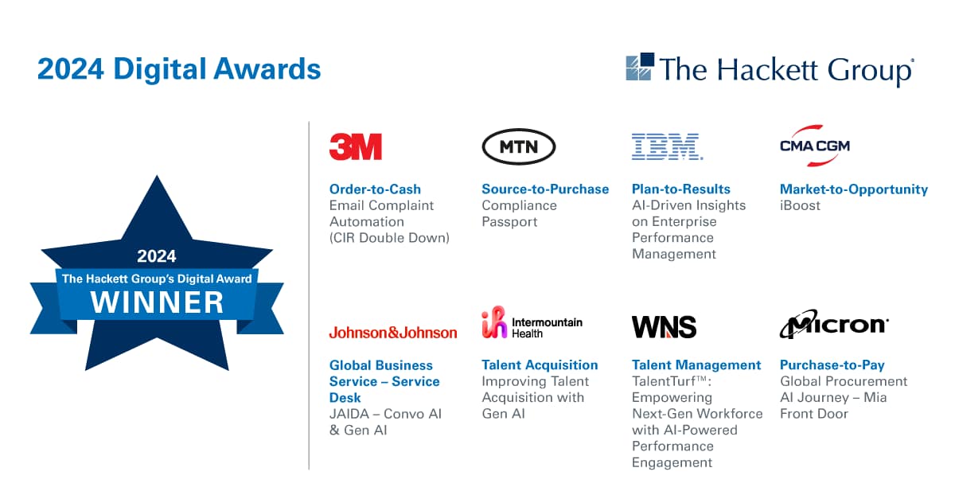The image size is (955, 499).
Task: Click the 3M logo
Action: point(356,146)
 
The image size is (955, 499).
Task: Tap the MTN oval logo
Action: point(519,146)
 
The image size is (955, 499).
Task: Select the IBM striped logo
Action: point(667,146)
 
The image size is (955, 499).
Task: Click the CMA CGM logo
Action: point(814,146)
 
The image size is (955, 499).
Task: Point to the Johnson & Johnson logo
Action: point(393,333)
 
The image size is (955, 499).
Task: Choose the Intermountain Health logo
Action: point(532,323)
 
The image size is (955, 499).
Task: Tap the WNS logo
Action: point(664,326)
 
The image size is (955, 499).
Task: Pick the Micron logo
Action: point(833,326)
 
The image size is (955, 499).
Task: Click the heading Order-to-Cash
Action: point(375,189)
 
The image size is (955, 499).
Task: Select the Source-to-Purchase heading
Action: point(545,189)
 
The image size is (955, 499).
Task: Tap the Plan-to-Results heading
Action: point(680,189)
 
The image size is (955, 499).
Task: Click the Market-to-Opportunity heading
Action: point(853,189)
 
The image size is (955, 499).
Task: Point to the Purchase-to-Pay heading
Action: point(832,365)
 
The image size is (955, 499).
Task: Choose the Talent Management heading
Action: point(696,365)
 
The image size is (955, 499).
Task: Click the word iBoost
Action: point(800,205)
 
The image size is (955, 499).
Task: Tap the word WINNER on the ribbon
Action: point(157,302)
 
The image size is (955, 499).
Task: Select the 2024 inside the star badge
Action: point(157,256)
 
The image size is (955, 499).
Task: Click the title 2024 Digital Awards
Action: point(179,69)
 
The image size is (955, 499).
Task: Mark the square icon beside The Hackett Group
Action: point(640,67)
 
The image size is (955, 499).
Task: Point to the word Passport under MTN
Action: point(509,222)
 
